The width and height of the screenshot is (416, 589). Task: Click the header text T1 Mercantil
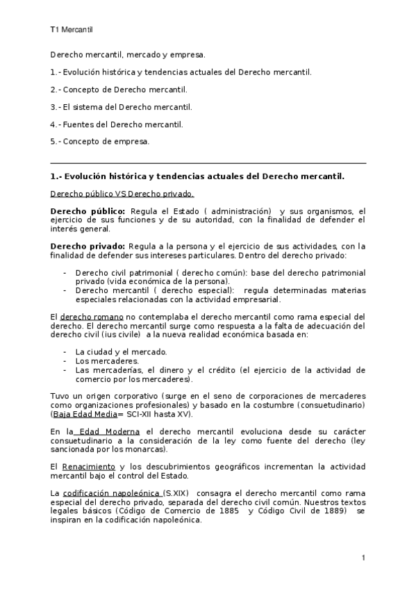tap(72, 30)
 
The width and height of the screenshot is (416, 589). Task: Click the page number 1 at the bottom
tap(363, 558)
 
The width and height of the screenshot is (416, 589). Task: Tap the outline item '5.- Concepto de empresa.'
tap(100, 142)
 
